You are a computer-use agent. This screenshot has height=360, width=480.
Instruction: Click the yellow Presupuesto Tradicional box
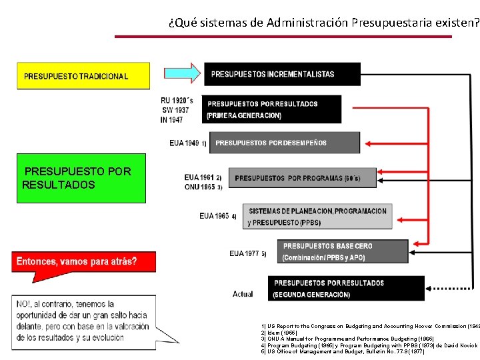[83, 76]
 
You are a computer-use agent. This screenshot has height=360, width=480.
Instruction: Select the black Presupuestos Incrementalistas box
[282, 74]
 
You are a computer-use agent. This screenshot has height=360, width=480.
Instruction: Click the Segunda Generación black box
[345, 288]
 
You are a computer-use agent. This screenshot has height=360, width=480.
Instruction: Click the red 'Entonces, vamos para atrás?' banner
[83, 261]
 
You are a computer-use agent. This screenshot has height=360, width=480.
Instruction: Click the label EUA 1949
[185, 143]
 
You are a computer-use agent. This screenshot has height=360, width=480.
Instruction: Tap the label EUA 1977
[244, 253]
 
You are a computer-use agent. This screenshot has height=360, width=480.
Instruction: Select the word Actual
[243, 294]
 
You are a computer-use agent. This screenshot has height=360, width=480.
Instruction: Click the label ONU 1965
[200, 187]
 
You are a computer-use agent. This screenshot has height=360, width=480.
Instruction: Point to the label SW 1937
[175, 110]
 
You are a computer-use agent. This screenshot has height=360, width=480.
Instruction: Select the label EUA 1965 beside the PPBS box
[214, 216]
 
